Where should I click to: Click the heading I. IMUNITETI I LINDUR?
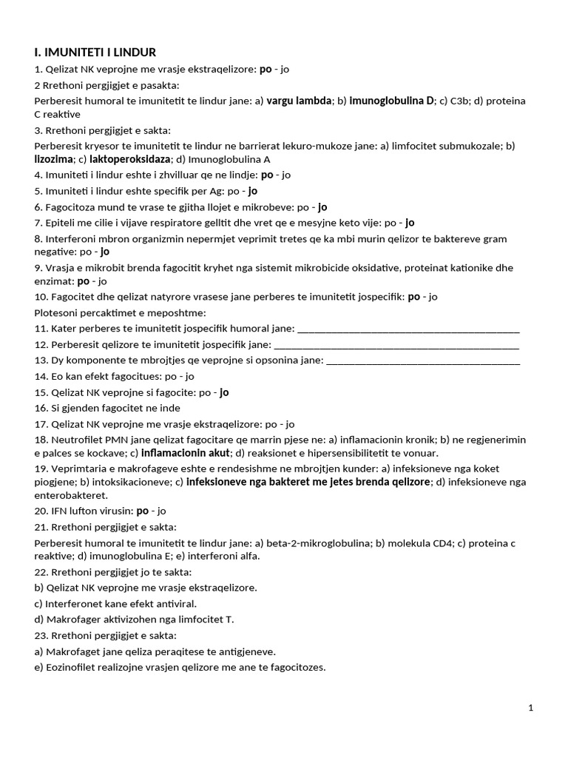click(x=95, y=52)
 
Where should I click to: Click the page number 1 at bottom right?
click(x=531, y=708)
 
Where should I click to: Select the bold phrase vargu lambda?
click(x=299, y=101)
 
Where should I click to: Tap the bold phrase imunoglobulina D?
click(x=392, y=101)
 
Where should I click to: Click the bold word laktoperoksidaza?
click(x=130, y=159)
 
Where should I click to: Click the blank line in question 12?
click(x=396, y=344)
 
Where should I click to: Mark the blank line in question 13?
click(x=422, y=360)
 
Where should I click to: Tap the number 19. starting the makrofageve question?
click(x=41, y=469)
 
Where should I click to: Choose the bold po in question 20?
click(x=143, y=511)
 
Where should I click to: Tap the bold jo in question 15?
click(x=225, y=392)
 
